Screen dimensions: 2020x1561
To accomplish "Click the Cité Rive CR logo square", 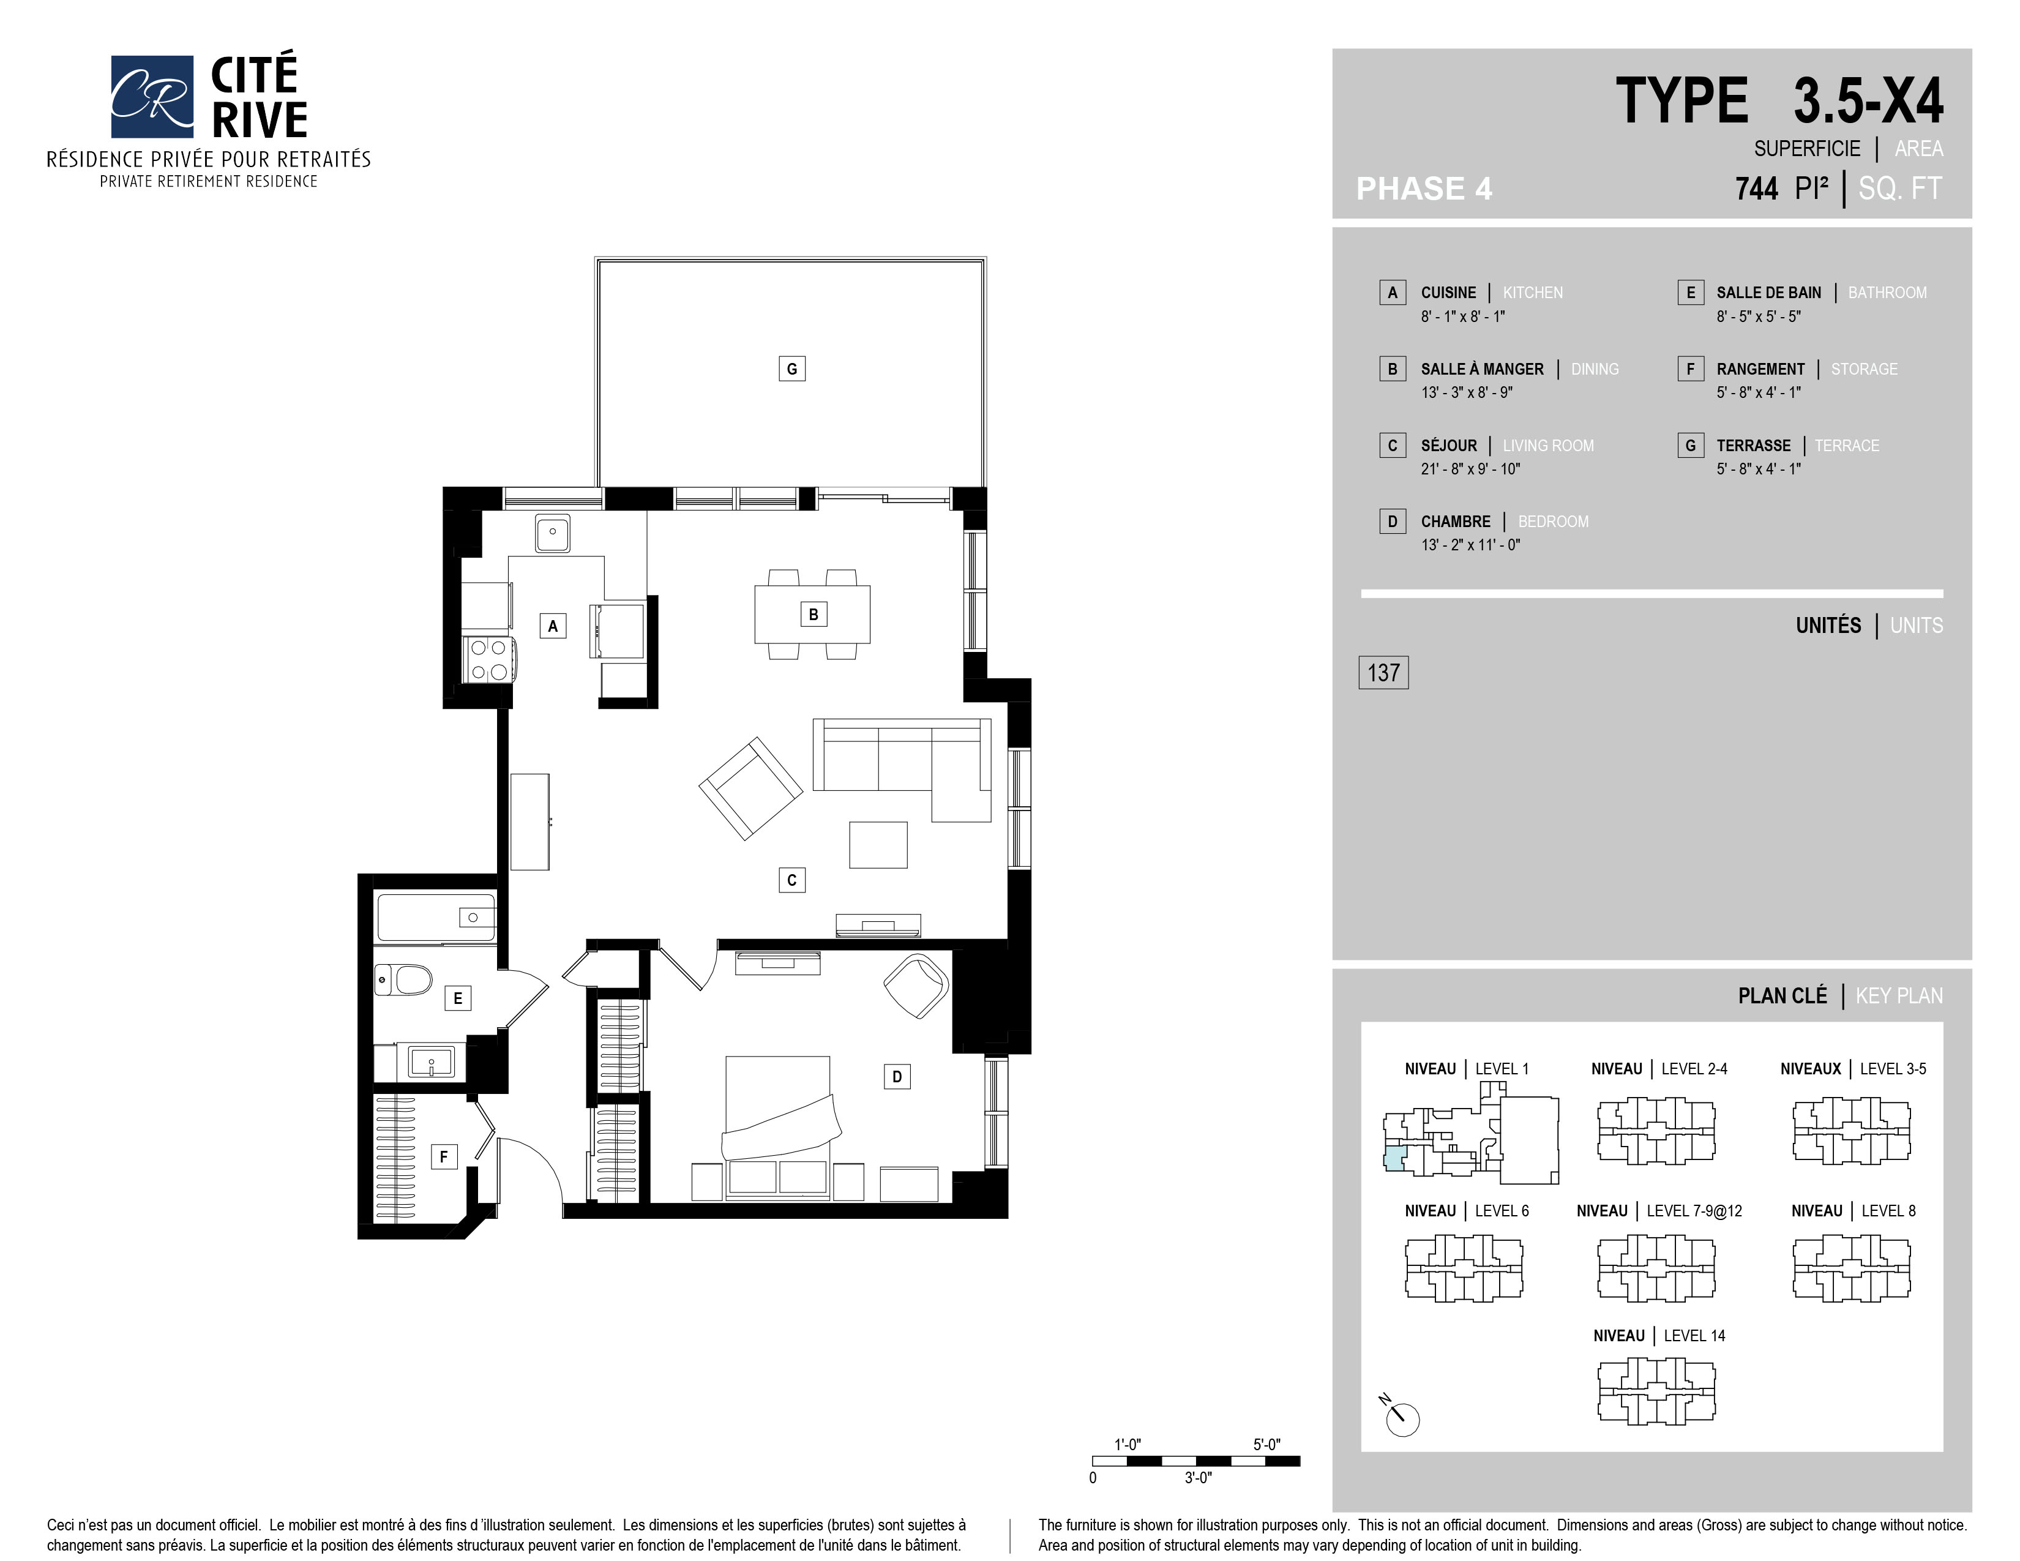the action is tap(152, 96).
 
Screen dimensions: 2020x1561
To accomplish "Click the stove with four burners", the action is tap(488, 659).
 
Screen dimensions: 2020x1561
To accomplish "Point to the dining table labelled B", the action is tap(813, 614).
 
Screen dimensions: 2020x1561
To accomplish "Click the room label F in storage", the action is tap(444, 1156).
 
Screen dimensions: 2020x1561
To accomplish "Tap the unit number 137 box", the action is tap(1383, 672).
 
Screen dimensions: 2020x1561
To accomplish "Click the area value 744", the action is tap(1756, 189).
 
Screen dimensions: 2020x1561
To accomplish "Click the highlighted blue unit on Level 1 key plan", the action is tap(1394, 1159).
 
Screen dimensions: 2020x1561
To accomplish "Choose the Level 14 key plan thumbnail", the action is tap(1656, 1390).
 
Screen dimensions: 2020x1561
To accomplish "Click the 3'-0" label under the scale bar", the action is tap(1198, 1478).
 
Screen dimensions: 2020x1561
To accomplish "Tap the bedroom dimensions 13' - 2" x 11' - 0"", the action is tap(1470, 545).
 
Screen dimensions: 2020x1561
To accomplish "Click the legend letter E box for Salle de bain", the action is tap(1691, 292).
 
